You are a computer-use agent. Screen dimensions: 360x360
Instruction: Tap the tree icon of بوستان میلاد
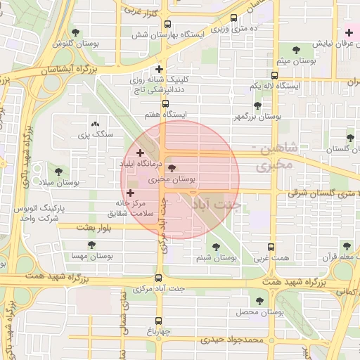coord(58,170)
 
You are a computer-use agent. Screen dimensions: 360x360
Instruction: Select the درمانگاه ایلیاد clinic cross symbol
coord(140,153)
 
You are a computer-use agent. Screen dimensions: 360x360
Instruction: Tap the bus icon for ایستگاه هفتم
coord(165,103)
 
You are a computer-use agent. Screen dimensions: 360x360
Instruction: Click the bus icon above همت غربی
coord(271,247)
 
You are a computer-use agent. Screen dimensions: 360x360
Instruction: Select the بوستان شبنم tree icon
coord(216,247)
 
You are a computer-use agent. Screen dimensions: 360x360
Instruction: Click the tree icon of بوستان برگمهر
coord(257,105)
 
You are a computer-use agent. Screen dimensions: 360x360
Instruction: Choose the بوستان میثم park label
coord(290,61)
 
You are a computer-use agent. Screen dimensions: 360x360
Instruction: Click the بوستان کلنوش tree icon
coord(75,32)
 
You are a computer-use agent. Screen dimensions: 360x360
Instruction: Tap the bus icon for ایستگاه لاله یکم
coord(274,75)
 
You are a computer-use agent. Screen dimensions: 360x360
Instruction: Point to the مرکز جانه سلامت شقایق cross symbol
coord(131,192)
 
